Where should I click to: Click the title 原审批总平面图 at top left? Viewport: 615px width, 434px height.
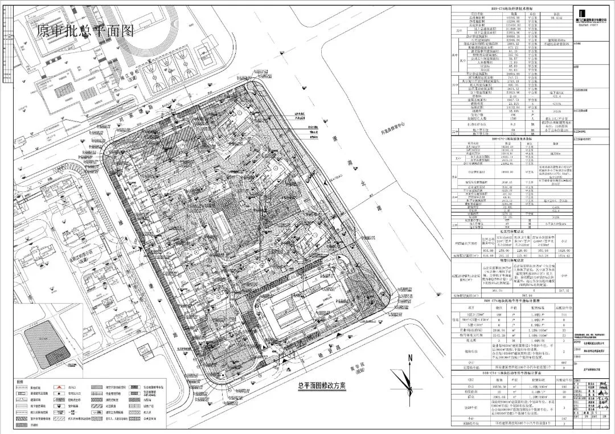coord(85,31)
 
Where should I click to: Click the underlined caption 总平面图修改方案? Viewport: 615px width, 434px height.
coord(322,385)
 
